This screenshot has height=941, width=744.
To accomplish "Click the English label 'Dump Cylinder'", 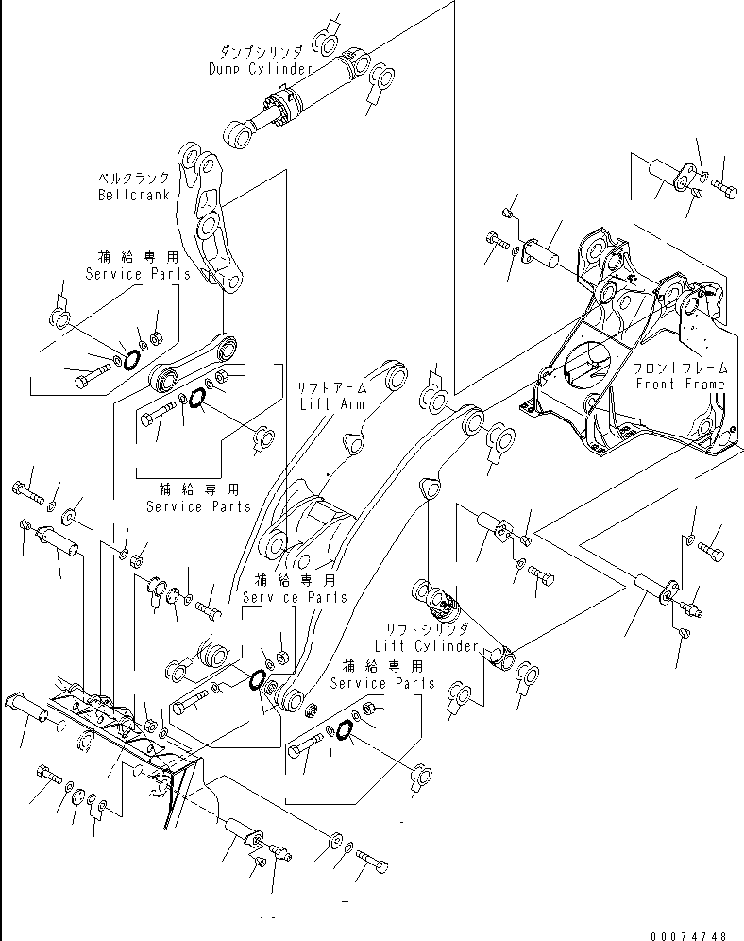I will pos(260,69).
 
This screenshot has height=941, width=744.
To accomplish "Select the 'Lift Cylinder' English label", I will pos(425,643).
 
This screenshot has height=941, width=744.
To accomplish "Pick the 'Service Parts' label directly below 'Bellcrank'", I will pos(138,274).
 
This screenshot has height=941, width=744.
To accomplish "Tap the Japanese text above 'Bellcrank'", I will pos(134,179).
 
